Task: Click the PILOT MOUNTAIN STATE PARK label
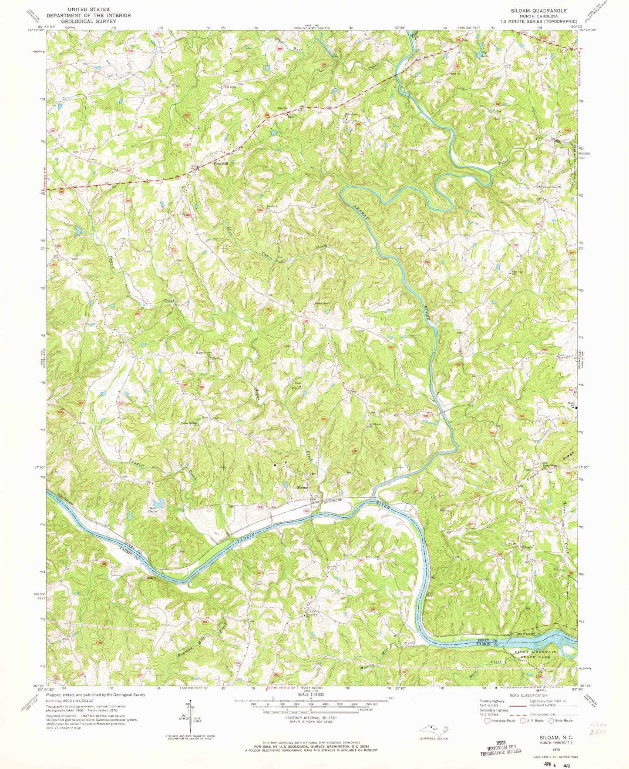pyautogui.click(x=536, y=655)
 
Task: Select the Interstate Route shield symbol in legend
pyautogui.click(x=487, y=720)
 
